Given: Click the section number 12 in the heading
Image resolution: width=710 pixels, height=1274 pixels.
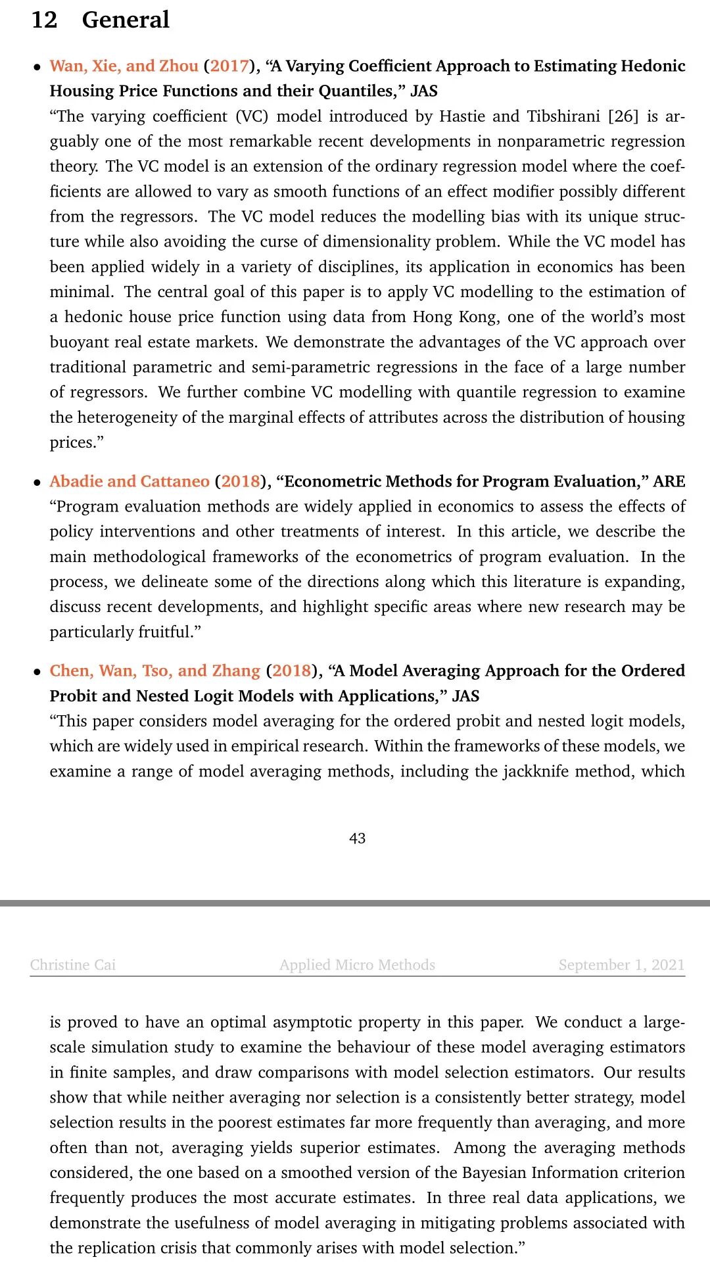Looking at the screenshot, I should (x=44, y=20).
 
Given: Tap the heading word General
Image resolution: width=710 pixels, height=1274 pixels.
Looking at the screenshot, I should (x=126, y=20).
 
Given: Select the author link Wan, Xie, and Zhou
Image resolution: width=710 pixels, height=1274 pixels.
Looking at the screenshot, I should (x=124, y=66).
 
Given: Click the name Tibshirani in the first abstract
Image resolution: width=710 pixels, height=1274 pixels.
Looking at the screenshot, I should (x=563, y=116).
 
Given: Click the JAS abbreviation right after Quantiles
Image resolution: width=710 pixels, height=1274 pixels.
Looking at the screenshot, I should (x=424, y=91).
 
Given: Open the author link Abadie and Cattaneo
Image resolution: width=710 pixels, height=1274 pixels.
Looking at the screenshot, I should (x=130, y=481).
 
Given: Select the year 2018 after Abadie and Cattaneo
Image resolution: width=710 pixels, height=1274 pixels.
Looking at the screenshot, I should (x=241, y=481).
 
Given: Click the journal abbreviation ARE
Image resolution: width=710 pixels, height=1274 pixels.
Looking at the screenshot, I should (x=669, y=481).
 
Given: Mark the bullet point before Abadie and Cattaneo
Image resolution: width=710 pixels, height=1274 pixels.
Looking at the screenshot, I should (x=37, y=483).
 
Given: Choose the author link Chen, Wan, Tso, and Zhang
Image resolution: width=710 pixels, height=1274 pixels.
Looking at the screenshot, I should (x=155, y=671).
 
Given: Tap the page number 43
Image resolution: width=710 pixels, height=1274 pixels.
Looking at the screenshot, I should (x=357, y=838).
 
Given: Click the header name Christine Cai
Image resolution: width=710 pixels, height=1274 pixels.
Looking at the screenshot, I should (x=73, y=964).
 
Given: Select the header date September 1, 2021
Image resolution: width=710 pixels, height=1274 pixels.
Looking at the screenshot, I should (x=621, y=964).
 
